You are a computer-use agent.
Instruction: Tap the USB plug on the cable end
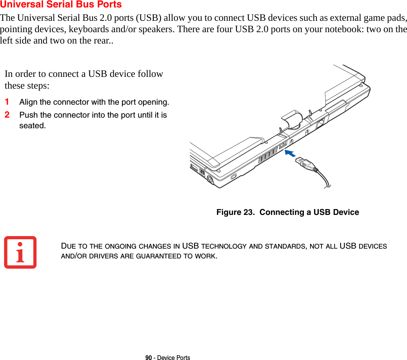[304, 163]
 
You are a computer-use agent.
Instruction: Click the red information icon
[20, 252]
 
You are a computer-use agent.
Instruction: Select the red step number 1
[7, 102]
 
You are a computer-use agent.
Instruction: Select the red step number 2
[7, 115]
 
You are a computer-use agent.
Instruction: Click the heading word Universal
[20, 5]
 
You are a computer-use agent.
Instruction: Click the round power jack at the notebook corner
[210, 180]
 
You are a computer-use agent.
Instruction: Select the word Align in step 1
[29, 102]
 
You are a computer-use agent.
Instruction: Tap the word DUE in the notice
[69, 246]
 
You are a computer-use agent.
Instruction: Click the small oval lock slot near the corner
[234, 177]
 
